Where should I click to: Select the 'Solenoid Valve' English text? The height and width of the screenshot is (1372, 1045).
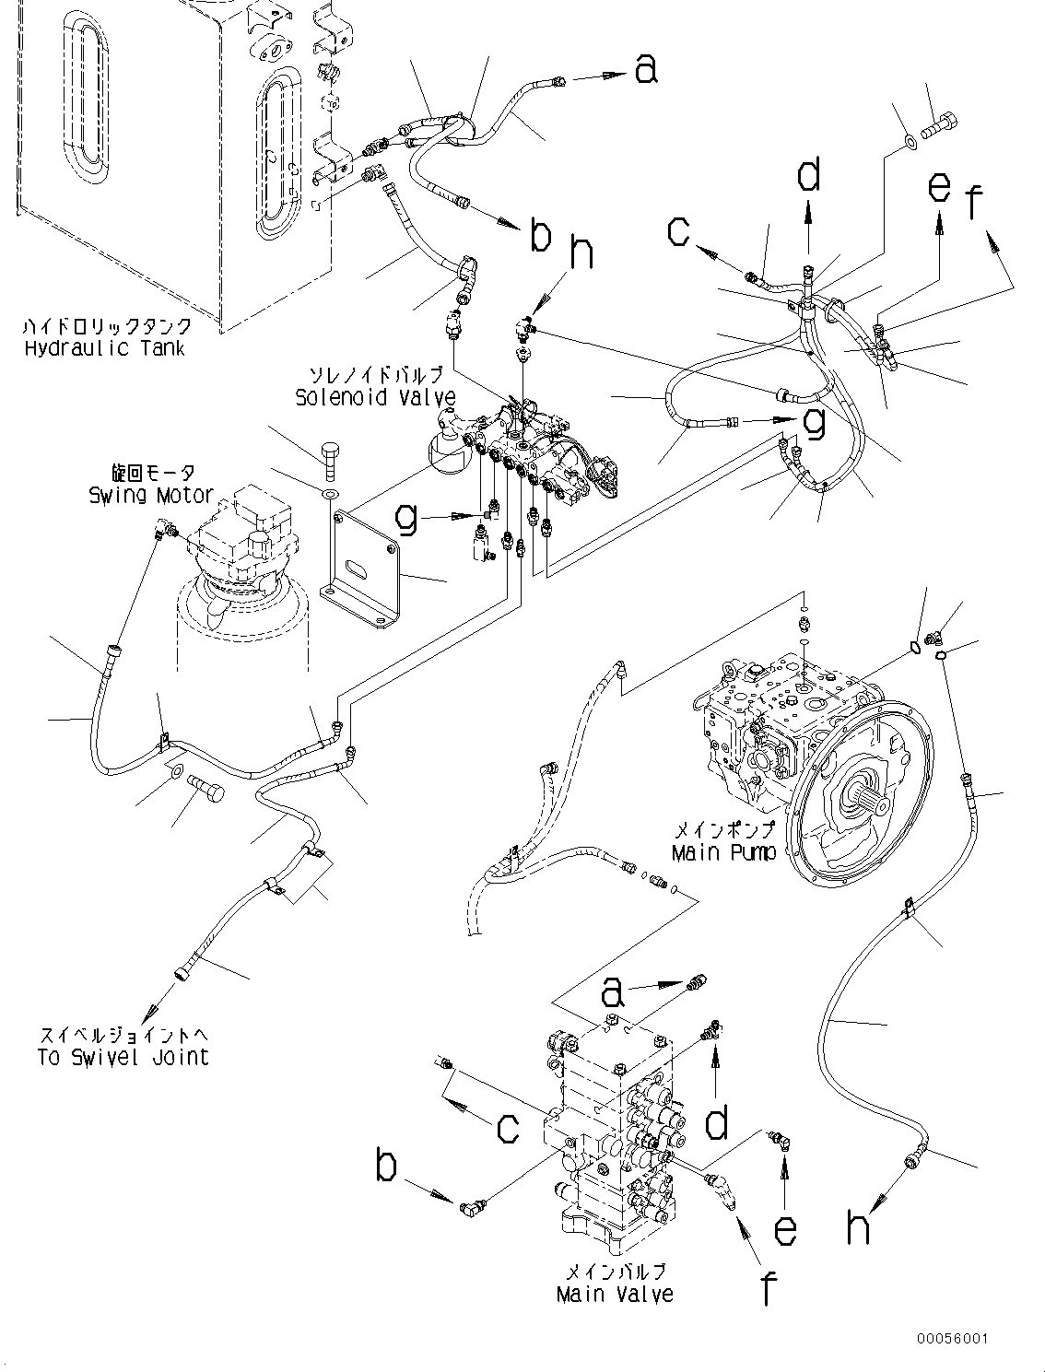[375, 397]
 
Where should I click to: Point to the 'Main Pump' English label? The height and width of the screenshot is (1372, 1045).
[723, 853]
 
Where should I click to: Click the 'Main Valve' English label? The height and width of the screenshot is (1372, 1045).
[615, 1294]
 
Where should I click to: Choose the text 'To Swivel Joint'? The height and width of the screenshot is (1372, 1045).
[123, 1057]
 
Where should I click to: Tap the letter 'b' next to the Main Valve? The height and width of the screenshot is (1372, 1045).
[387, 1167]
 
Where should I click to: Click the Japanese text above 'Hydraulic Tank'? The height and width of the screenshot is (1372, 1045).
[109, 326]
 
